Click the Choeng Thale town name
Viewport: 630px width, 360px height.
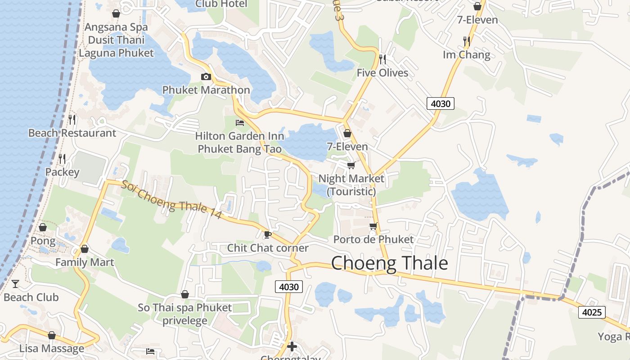(389, 263)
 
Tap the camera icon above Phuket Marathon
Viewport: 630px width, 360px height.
(206, 76)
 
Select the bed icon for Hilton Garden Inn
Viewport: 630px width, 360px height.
(240, 122)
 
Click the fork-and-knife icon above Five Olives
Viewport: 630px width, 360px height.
(382, 59)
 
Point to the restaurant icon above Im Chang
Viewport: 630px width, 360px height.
(466, 41)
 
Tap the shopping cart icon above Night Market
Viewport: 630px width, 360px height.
(351, 165)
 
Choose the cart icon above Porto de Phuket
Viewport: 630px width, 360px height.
(373, 226)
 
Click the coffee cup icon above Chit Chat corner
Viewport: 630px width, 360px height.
(267, 234)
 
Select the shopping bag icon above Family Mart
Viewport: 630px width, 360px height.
(85, 249)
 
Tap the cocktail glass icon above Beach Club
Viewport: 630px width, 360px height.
(15, 284)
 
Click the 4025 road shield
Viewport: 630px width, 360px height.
(592, 312)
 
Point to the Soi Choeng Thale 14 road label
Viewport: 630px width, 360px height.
(172, 200)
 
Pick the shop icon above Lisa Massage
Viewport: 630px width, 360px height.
(52, 335)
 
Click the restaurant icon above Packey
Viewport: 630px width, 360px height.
(62, 158)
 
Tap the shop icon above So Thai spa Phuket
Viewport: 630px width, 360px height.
(184, 295)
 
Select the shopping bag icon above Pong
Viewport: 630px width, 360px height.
(43, 227)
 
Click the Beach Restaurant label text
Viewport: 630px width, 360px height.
(72, 133)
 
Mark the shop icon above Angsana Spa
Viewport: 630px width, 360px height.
(116, 14)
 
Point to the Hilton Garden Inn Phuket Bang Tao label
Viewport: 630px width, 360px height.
(240, 142)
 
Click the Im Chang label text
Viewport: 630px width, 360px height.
(467, 55)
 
